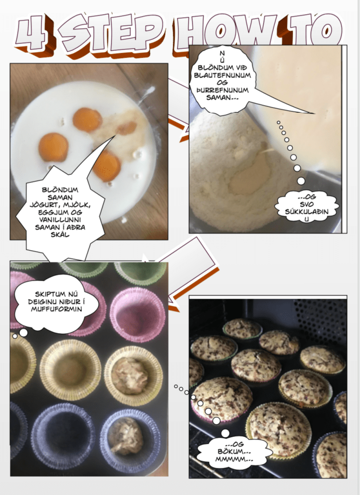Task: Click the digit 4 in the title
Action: (x=32, y=34)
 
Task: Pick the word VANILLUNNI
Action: (x=60, y=220)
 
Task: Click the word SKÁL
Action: (x=60, y=235)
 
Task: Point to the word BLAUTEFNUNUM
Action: (x=222, y=75)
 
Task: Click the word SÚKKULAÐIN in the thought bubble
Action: (x=307, y=211)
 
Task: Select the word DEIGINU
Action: (x=41, y=301)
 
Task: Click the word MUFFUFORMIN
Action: (x=56, y=309)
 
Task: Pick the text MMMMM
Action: (x=234, y=459)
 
